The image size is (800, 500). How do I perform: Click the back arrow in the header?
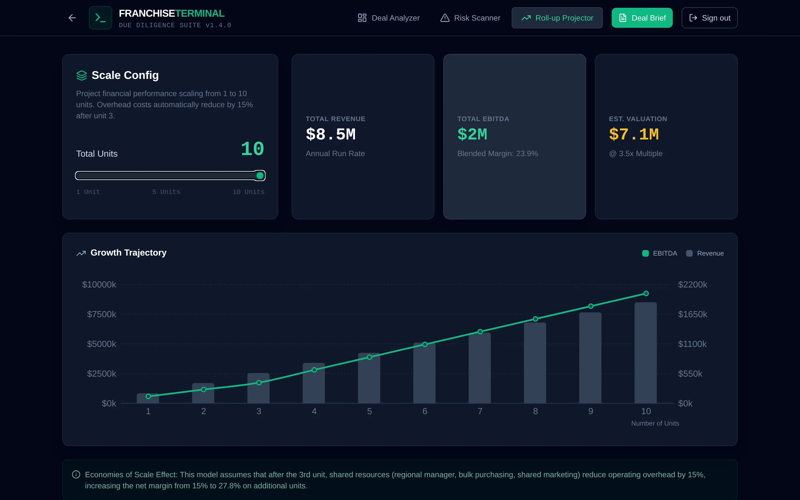tap(72, 18)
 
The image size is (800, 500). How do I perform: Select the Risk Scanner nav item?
tap(470, 18)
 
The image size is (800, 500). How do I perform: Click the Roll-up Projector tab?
tap(557, 18)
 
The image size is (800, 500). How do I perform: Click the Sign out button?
tap(709, 18)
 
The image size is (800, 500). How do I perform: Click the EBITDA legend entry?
tap(659, 253)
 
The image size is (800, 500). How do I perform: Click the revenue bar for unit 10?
tap(646, 352)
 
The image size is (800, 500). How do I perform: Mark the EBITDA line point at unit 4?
tap(314, 370)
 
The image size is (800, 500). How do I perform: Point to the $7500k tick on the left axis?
tap(101, 314)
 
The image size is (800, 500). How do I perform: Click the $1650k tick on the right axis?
tap(692, 314)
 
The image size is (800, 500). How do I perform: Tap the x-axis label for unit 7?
tap(480, 411)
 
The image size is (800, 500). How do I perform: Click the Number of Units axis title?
tap(655, 423)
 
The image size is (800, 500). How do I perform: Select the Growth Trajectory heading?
tap(128, 253)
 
